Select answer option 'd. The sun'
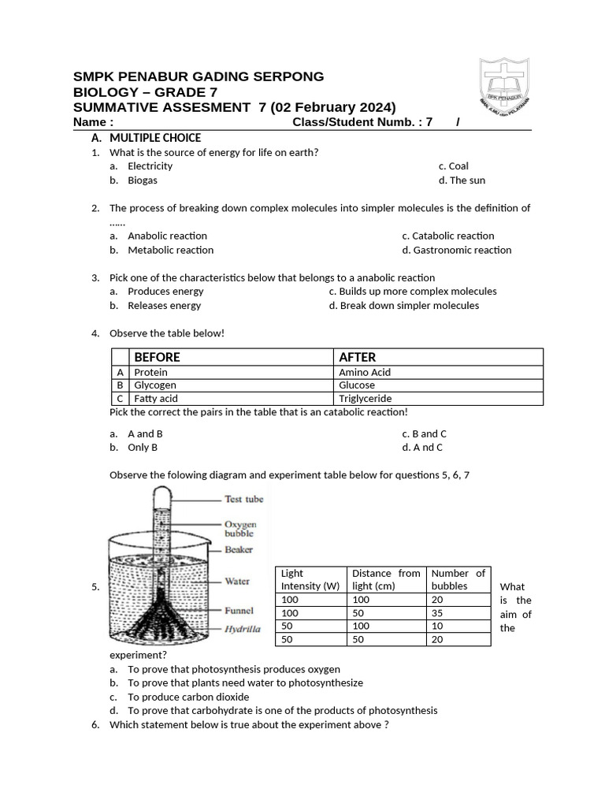coord(462,180)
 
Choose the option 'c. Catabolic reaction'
coord(447,236)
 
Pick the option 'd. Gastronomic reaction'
coord(456,250)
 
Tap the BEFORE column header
coord(158,357)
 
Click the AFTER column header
coord(357,357)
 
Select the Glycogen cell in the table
coord(155,385)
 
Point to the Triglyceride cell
coord(365,399)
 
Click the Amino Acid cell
coord(364,372)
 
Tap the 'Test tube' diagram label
coord(243,499)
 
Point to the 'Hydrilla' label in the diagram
coord(244,630)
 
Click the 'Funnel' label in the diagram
coord(239,610)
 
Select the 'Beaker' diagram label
coord(239,549)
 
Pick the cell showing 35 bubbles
coord(439,612)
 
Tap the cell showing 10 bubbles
coord(439,626)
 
